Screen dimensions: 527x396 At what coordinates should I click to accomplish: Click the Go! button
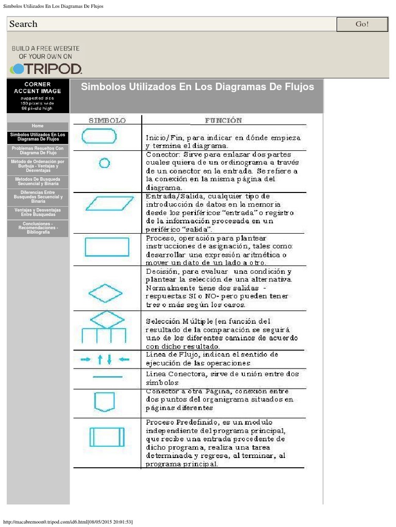[x=362, y=24]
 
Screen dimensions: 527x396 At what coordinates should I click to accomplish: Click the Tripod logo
[x=46, y=68]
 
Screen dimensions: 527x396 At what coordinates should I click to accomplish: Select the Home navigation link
[x=38, y=126]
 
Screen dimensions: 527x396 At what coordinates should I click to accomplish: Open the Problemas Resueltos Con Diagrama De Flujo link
[x=38, y=150]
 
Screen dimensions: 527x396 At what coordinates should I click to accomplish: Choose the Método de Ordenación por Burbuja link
[x=38, y=166]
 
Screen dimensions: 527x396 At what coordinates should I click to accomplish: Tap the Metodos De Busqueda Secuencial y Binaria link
[x=38, y=182]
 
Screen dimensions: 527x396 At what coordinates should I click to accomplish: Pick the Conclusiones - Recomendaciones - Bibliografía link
[x=38, y=228]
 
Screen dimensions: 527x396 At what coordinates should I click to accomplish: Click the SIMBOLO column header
[x=107, y=120]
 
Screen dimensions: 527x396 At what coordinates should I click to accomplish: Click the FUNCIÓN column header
[x=223, y=120]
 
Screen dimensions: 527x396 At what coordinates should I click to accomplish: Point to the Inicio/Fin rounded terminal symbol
[x=99, y=136]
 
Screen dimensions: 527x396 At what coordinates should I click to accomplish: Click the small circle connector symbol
[x=104, y=163]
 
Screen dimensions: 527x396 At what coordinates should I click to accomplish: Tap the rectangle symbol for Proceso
[x=107, y=247]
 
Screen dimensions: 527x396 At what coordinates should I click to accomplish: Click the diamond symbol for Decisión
[x=106, y=293]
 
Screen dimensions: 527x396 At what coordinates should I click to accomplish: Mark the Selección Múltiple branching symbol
[x=105, y=327]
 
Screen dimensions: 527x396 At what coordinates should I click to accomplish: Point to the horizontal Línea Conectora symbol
[x=107, y=377]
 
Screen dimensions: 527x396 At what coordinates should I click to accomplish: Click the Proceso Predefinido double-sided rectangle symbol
[x=107, y=436]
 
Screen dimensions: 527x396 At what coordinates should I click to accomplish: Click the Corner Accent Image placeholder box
[x=38, y=96]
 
